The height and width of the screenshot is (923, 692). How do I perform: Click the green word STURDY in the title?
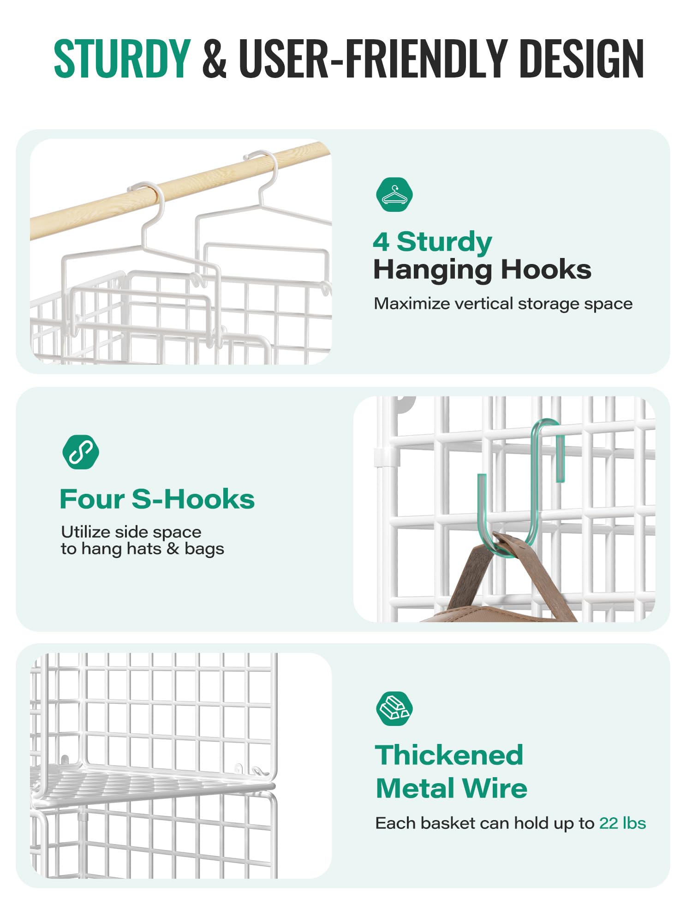pos(122,58)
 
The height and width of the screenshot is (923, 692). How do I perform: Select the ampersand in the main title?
pos(215,58)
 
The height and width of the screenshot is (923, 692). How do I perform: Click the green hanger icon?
pos(394,194)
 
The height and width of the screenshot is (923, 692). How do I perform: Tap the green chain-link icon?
pos(81,452)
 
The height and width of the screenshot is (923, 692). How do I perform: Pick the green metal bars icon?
pos(394,708)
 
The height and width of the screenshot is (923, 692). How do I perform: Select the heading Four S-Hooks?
pos(157,499)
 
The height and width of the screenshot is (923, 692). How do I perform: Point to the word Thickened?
pos(449,755)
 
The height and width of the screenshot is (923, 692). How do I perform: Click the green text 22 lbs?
pos(622,823)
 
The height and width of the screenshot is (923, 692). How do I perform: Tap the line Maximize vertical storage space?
pos(503,304)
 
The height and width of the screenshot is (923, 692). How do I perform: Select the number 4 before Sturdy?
pos(381,242)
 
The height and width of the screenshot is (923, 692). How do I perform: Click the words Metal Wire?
pos(452,788)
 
